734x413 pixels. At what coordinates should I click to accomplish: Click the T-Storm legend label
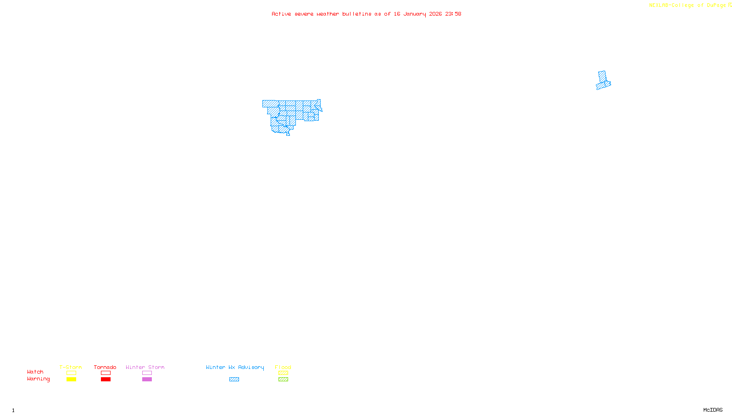coord(71,367)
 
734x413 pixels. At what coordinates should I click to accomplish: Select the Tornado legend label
coord(105,367)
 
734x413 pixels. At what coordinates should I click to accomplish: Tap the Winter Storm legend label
coord(145,367)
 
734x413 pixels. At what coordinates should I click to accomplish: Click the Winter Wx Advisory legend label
coord(235,367)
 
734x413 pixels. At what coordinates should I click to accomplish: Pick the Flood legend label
coord(283,367)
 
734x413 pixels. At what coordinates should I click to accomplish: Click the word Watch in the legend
coord(35,372)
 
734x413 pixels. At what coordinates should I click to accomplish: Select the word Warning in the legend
coord(39,379)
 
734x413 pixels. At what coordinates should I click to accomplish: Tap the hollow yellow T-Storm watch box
coord(71,373)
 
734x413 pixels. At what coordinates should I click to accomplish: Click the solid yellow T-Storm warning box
coord(71,380)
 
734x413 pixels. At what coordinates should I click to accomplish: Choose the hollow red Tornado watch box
coord(106,373)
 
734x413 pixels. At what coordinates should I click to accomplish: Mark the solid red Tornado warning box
coord(106,380)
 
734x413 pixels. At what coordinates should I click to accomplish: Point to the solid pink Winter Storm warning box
coord(147,380)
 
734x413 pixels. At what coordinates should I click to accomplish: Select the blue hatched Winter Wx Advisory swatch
coord(234,380)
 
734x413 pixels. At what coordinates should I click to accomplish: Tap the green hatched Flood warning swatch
coord(283,380)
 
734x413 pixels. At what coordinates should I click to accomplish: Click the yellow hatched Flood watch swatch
coord(283,373)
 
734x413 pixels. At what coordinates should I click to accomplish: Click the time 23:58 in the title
coord(453,14)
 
